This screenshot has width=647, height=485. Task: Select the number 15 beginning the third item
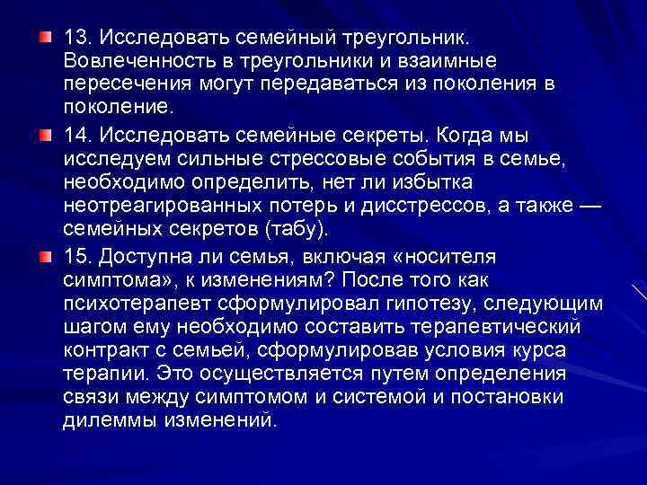click(75, 256)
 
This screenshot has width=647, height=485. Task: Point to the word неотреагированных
click(156, 207)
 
